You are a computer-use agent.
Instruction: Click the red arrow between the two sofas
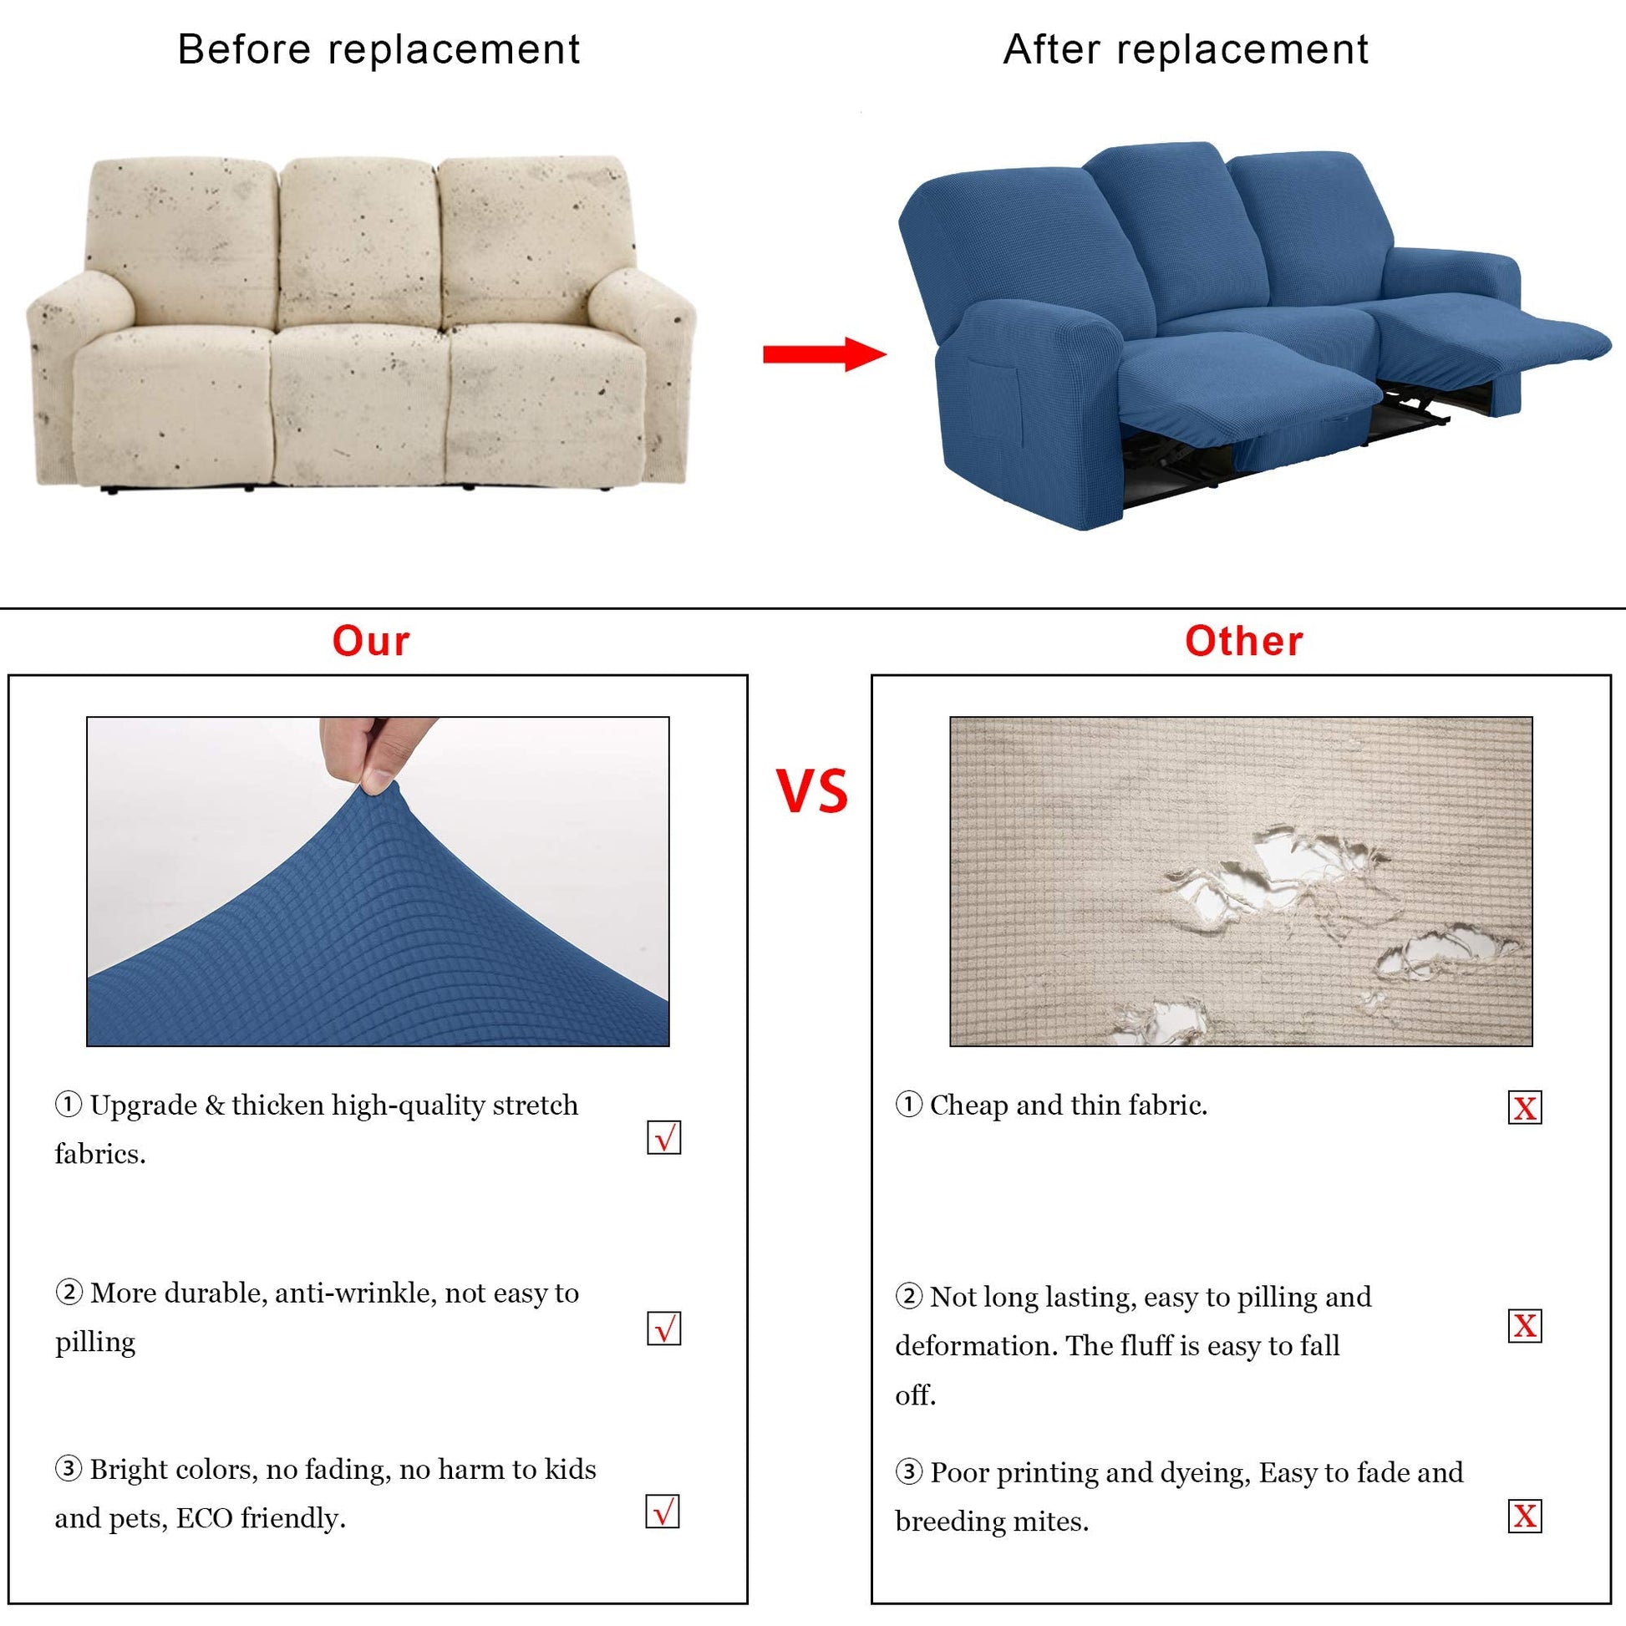coord(825,354)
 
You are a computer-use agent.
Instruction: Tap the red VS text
coord(811,791)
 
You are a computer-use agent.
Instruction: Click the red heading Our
coord(371,642)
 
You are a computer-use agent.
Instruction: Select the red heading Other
coord(1244,642)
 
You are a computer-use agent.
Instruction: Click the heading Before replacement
coord(379,48)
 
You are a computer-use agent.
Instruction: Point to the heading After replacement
coord(1186,48)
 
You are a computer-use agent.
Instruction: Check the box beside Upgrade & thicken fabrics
coord(664,1137)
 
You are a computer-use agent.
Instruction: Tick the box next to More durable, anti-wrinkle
coord(664,1327)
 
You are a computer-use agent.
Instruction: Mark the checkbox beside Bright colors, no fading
coord(663,1511)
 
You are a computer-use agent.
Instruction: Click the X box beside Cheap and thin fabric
coord(1525,1108)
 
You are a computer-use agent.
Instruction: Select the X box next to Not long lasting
coord(1525,1325)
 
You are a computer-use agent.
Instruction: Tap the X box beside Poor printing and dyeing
coord(1525,1516)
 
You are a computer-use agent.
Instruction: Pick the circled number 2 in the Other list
coord(909,1296)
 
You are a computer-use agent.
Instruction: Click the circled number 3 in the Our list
coord(69,1469)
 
